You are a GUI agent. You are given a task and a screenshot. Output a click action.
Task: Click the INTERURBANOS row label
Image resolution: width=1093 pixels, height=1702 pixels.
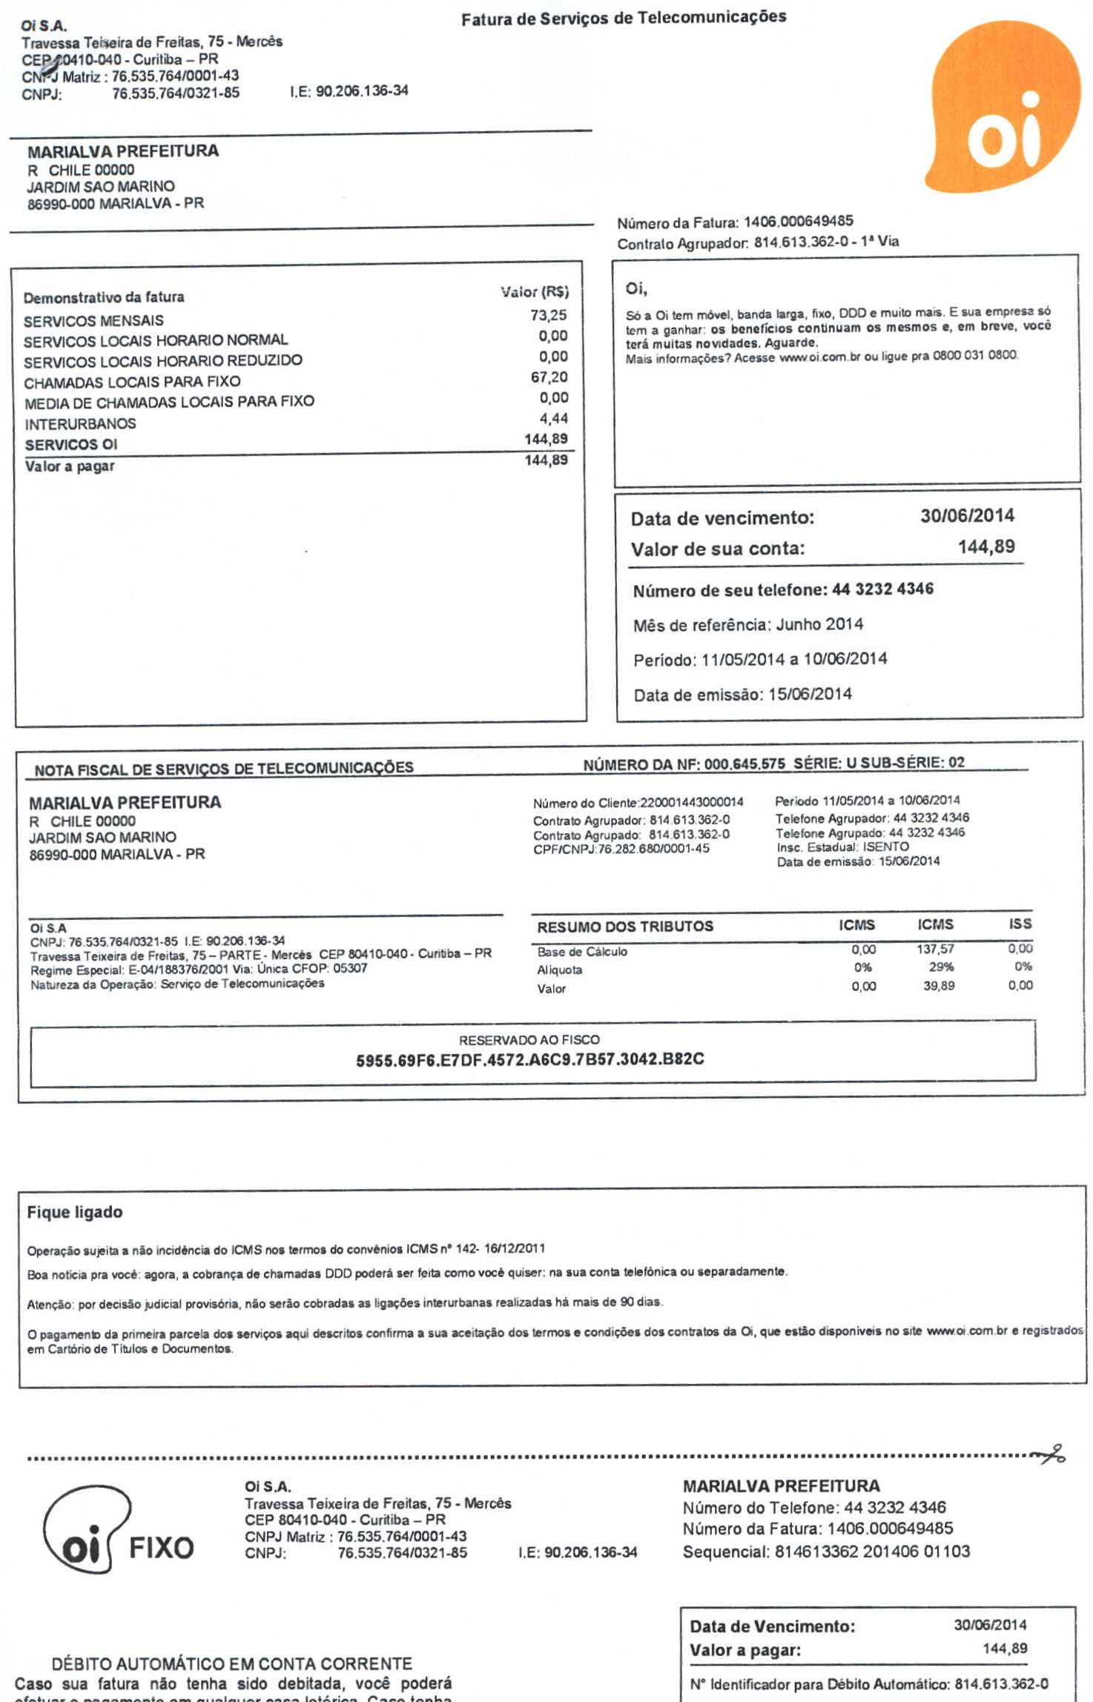pos(80,424)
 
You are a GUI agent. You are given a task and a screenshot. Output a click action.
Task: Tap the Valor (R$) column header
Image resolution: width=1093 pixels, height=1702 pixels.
pos(534,292)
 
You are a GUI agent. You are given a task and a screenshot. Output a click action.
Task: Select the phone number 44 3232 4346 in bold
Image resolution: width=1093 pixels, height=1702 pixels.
pos(882,589)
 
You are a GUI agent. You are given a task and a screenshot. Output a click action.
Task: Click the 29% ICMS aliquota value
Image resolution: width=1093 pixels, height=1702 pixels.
pos(940,967)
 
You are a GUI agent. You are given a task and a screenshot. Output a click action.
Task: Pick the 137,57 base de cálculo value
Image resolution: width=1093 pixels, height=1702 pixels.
pos(935,949)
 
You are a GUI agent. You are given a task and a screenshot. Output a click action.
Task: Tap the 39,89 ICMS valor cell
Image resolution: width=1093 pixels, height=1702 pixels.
pos(938,986)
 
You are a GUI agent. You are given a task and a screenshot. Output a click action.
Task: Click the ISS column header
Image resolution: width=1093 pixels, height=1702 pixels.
pos(1020,924)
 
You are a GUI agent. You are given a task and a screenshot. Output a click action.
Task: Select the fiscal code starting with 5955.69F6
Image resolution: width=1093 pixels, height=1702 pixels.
pos(529,1059)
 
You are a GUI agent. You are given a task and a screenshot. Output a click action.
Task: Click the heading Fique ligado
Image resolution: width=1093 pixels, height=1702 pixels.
pos(75,1213)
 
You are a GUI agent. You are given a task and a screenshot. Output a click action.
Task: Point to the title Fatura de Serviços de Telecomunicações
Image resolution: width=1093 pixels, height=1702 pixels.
pos(623,18)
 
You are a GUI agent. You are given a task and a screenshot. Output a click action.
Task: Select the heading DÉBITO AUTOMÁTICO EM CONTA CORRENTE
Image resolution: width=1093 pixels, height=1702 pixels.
pos(231,1663)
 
